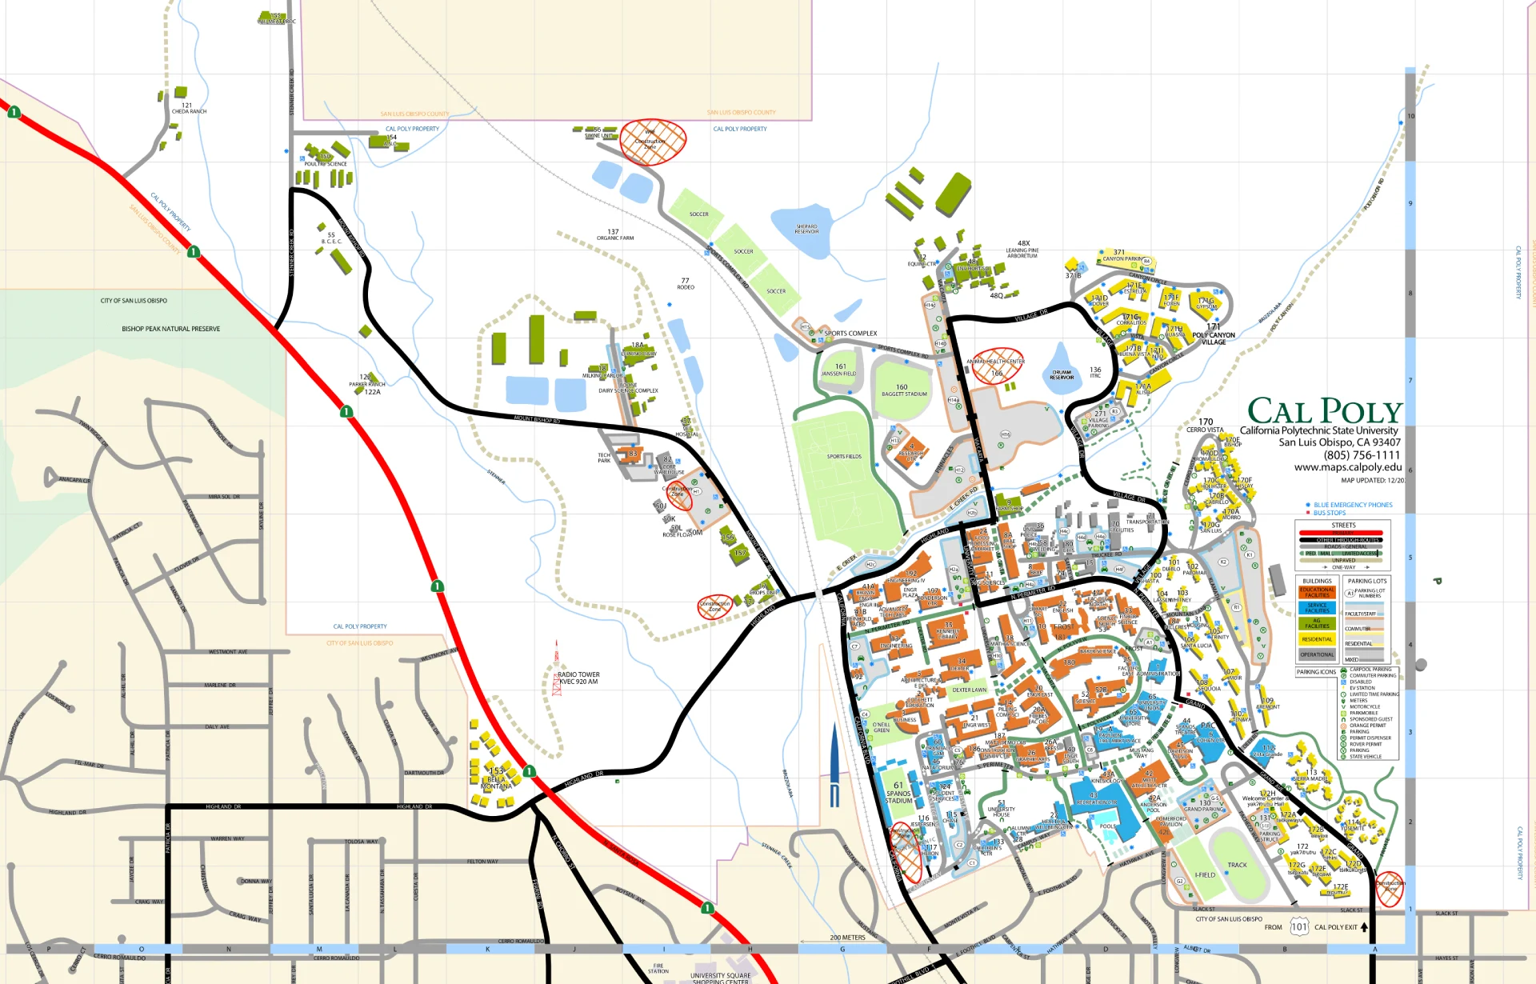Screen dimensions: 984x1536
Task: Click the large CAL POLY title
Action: [x=1324, y=411]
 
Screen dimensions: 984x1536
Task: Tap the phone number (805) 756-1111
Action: [x=1362, y=455]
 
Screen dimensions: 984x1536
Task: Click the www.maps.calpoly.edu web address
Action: [x=1348, y=467]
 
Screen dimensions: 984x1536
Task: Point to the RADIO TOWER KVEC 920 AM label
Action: [x=578, y=678]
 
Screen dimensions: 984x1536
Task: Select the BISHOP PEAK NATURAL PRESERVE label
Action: [x=170, y=329]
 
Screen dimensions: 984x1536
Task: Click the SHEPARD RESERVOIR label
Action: [x=806, y=229]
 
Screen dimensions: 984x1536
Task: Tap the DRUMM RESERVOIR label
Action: [x=1062, y=374]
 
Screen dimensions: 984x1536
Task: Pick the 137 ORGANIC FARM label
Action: [x=614, y=234]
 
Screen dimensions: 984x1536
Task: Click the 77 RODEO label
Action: [x=686, y=284]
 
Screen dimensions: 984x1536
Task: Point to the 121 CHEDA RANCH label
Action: [x=189, y=108]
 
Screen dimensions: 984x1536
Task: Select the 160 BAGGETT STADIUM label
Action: [x=904, y=390]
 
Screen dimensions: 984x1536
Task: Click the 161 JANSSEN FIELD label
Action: [x=839, y=370]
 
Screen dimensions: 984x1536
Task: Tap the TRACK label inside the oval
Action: [x=1237, y=865]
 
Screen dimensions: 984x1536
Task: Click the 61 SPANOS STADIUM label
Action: [x=898, y=793]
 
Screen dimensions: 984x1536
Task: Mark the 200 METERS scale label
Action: [x=847, y=938]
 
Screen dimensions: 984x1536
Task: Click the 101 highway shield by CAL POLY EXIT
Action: [x=1299, y=927]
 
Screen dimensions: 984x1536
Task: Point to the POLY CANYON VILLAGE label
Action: [x=1214, y=338]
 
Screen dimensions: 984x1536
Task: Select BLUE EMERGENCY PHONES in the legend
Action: [x=1353, y=505]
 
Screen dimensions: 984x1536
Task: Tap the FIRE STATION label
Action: [x=658, y=968]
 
